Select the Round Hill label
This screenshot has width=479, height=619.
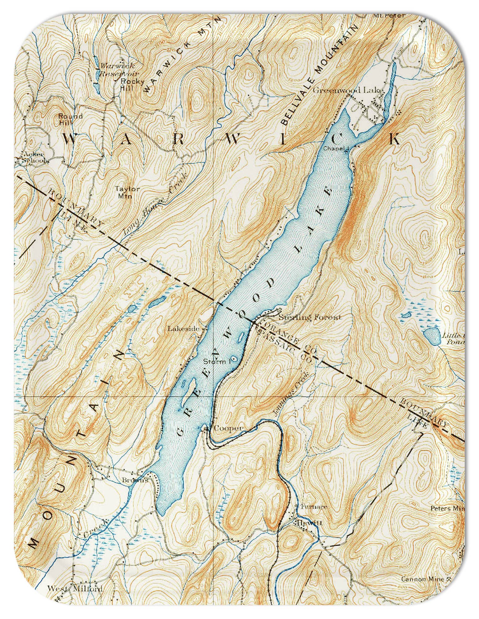click(x=71, y=119)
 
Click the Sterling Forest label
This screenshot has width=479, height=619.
click(x=310, y=317)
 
